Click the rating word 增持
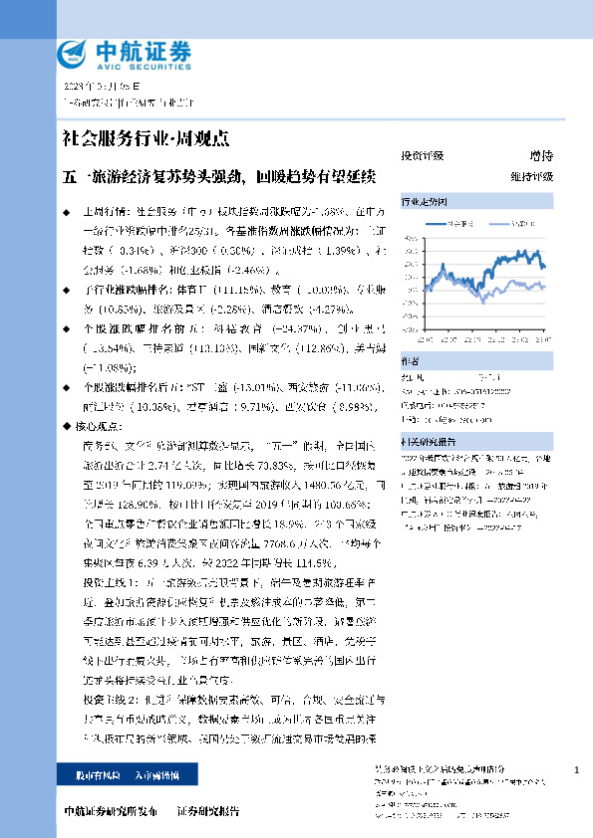pyautogui.click(x=540, y=156)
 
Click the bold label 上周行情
pyautogui.click(x=100, y=213)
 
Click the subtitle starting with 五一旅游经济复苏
pyautogui.click(x=218, y=177)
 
